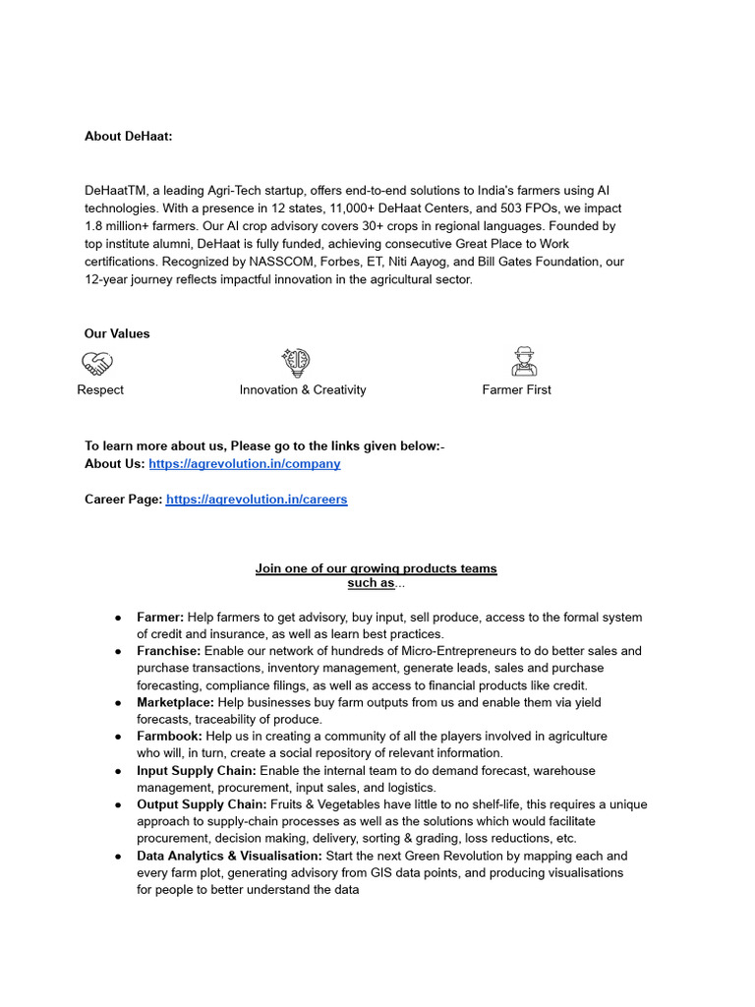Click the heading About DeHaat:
click(x=128, y=136)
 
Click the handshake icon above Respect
click(x=96, y=364)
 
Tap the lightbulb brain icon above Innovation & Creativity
click(x=296, y=363)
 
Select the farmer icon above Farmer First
click(x=524, y=362)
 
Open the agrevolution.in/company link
click(x=244, y=463)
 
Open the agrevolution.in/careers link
click(x=256, y=499)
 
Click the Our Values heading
click(x=117, y=333)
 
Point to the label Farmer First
click(x=516, y=389)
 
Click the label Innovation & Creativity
click(x=302, y=389)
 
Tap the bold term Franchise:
click(x=168, y=651)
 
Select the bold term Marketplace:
click(x=175, y=702)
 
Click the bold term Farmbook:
click(x=169, y=736)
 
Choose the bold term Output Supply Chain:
click(x=202, y=804)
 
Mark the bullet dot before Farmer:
click(x=118, y=618)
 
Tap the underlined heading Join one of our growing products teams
click(x=376, y=568)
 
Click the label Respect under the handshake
click(x=100, y=389)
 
